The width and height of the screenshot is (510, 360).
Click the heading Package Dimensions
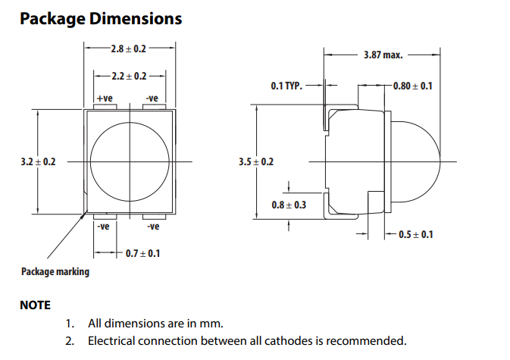click(101, 18)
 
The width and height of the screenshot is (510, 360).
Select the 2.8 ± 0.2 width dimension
click(128, 49)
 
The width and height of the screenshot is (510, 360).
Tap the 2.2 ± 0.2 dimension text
click(128, 77)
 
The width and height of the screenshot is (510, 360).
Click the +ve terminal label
click(105, 99)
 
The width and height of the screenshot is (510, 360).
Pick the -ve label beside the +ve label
click(152, 99)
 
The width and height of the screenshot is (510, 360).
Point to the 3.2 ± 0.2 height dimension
click(38, 161)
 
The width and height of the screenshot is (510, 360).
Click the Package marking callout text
click(55, 271)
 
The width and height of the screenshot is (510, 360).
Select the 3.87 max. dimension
click(383, 55)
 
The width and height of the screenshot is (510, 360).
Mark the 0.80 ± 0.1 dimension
click(413, 86)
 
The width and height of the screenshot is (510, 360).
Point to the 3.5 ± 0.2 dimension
click(255, 161)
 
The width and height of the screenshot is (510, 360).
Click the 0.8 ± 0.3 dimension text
click(289, 205)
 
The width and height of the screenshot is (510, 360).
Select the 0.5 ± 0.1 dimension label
click(416, 234)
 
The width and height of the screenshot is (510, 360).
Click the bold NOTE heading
click(36, 305)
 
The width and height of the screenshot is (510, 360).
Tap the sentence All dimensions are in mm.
click(155, 324)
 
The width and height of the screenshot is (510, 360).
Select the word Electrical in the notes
click(114, 341)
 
